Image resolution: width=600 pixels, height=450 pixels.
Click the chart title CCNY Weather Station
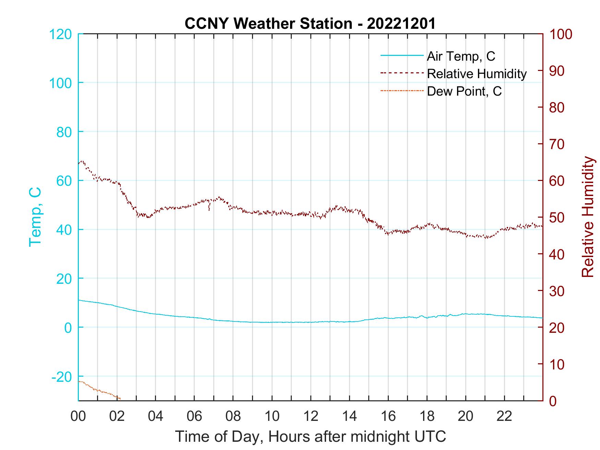tap(310, 24)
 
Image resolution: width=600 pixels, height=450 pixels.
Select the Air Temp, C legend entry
tap(460, 56)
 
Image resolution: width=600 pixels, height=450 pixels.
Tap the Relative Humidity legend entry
tap(476, 74)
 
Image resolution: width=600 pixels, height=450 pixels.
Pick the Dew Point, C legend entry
tap(464, 92)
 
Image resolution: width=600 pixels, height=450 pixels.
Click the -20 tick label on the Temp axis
tap(62, 377)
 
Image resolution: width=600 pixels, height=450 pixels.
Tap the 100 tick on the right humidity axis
tap(561, 34)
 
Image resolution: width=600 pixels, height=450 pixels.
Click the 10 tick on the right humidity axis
tap(557, 364)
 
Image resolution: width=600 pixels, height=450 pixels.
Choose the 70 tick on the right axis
tap(557, 144)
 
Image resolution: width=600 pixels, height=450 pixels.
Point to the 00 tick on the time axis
tap(78, 416)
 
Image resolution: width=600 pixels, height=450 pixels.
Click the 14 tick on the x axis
tap(349, 416)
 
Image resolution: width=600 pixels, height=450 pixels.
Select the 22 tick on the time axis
tap(504, 416)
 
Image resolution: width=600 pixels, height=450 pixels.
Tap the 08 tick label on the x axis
tap(233, 416)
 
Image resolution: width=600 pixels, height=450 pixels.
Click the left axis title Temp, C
tap(35, 217)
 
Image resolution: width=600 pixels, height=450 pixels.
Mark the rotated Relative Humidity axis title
tap(588, 217)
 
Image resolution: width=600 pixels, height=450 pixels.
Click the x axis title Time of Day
tap(311, 437)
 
